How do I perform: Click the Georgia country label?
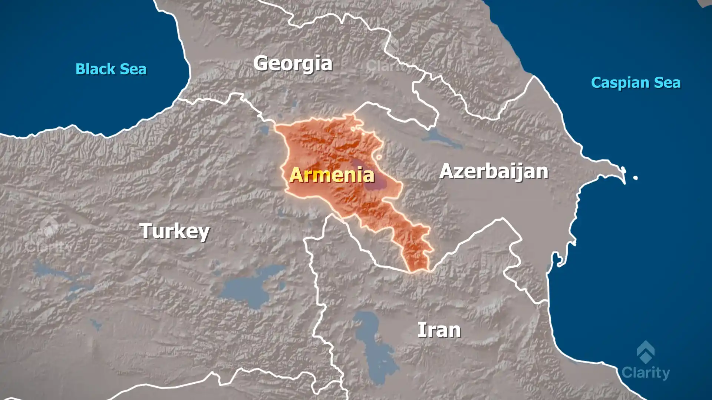[x=293, y=64]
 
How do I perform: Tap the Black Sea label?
[x=111, y=69]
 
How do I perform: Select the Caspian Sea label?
[x=636, y=83]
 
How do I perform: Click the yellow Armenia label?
[x=332, y=175]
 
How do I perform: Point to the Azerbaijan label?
[x=494, y=171]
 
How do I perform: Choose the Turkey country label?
[x=174, y=231]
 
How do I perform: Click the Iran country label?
[x=439, y=330]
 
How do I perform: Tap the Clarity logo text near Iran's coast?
[x=646, y=373]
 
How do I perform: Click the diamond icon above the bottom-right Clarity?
[x=646, y=352]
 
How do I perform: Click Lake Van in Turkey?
[x=252, y=287]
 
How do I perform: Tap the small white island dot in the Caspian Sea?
[x=635, y=178]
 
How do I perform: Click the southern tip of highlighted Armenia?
[x=417, y=270]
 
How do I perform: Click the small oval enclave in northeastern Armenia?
[x=379, y=157]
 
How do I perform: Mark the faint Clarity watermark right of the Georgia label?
[x=386, y=66]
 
